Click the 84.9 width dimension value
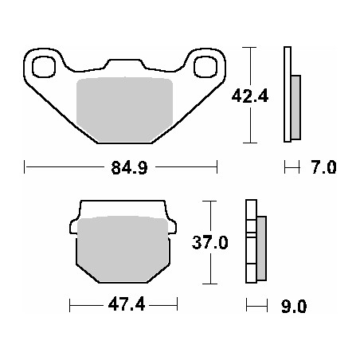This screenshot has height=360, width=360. pos(129,167)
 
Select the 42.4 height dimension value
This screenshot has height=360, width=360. pos(250,96)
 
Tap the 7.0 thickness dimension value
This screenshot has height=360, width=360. pos(323,167)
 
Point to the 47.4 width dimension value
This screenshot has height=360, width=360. pos(127,304)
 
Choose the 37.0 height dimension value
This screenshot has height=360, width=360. pos(210,242)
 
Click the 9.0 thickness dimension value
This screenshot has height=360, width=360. pos(294,307)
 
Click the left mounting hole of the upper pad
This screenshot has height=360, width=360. pos(44,67)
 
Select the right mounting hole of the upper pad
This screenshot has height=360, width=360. pos(205,67)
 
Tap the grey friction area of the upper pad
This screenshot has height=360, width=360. pos(124,109)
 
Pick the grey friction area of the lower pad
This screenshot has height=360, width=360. pos(123,249)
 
